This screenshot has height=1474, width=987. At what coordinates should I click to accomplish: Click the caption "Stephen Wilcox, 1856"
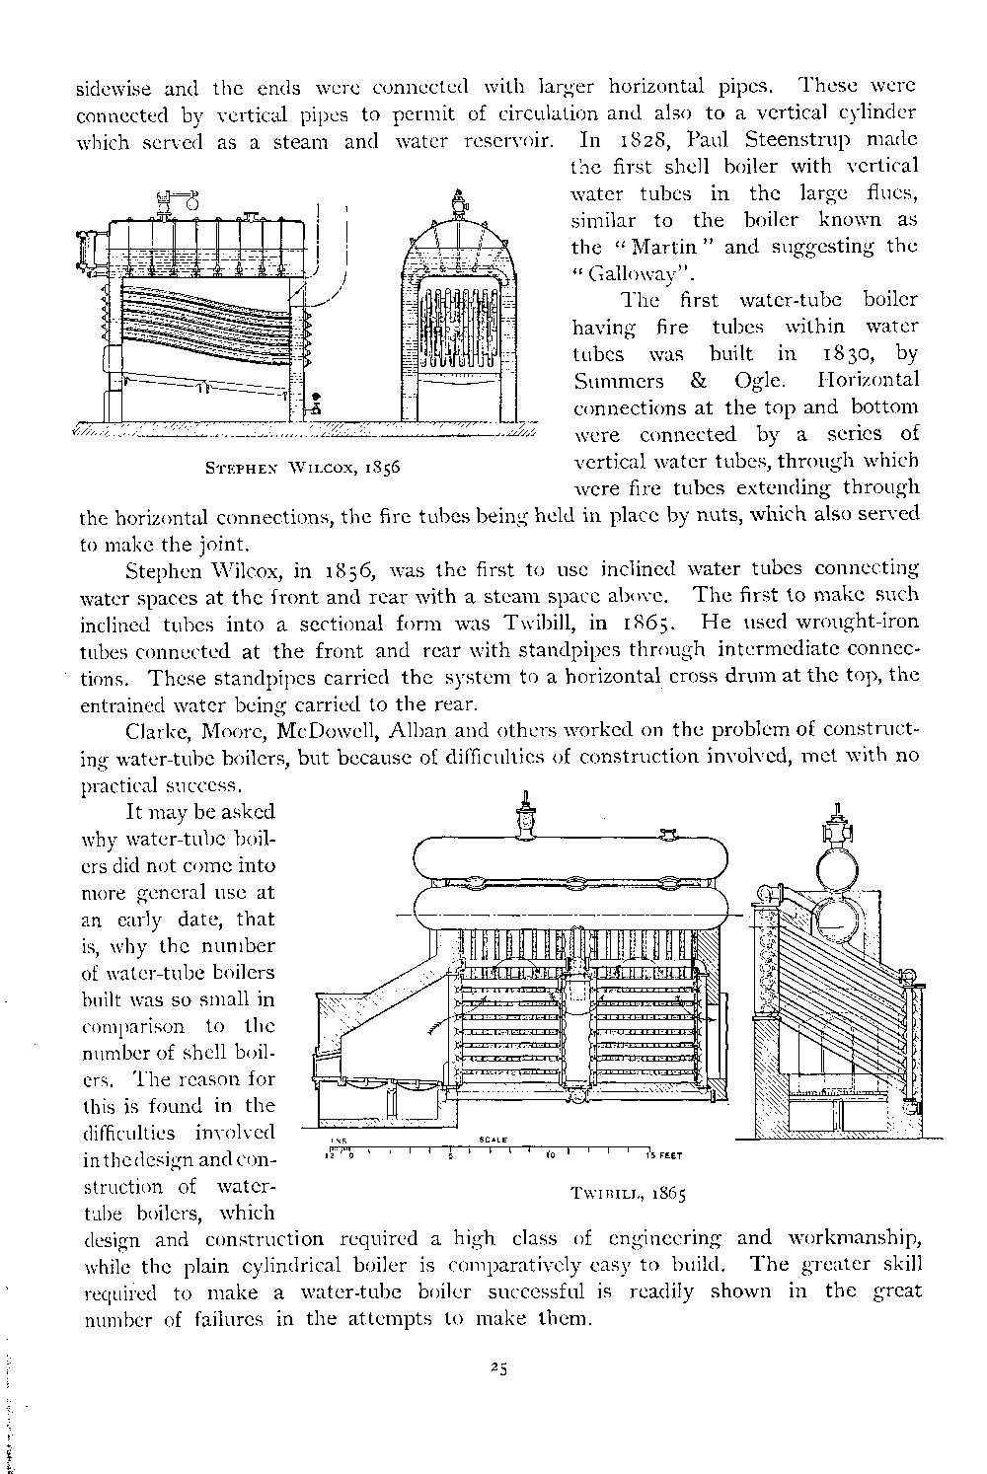point(299,466)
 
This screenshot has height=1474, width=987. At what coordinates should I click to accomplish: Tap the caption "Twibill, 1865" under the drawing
point(628,1192)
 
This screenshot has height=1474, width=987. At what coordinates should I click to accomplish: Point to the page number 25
point(497,1367)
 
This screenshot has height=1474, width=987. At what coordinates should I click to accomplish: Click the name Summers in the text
point(613,380)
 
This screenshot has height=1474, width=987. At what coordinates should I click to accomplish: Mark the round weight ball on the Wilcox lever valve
point(191,203)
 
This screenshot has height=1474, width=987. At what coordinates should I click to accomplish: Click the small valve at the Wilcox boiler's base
point(316,404)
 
